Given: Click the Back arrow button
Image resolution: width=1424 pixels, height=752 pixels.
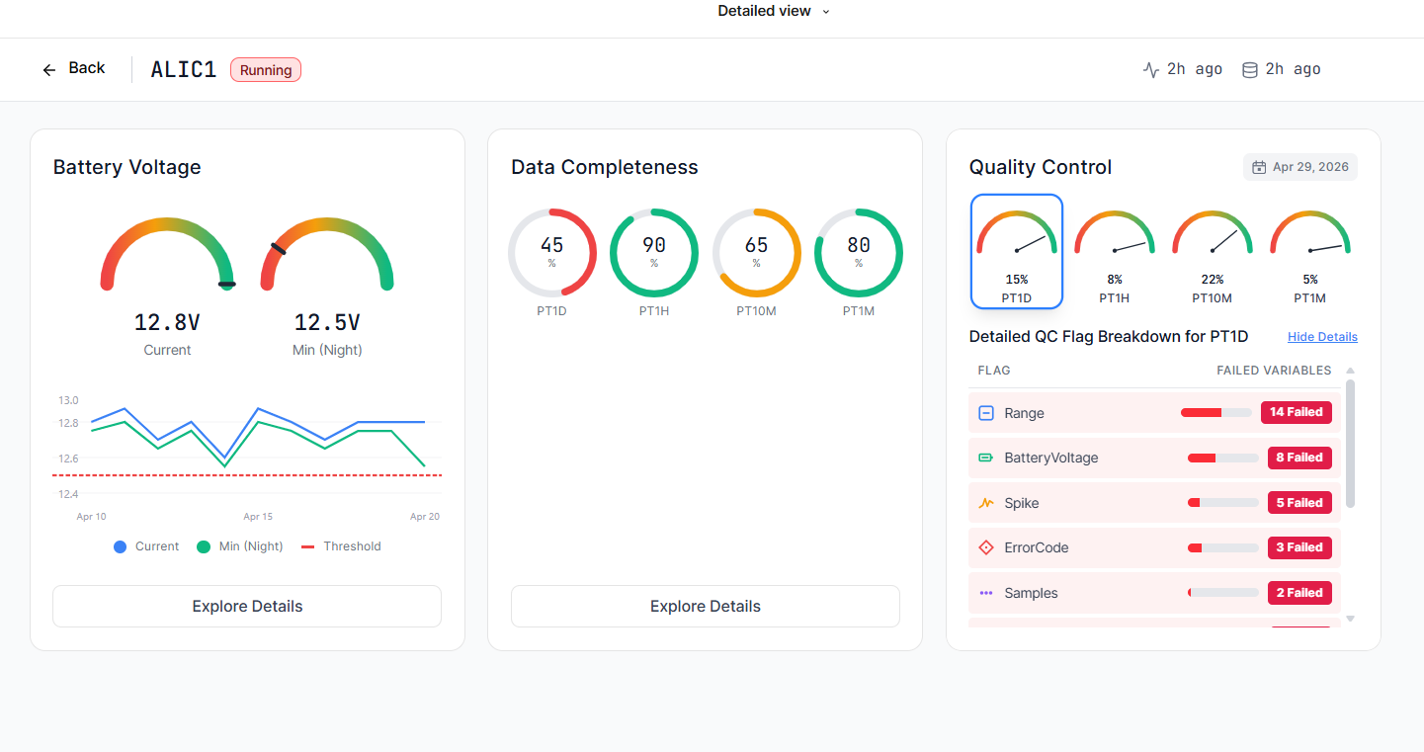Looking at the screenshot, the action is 74,68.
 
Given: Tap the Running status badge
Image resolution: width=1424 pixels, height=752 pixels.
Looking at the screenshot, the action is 266,70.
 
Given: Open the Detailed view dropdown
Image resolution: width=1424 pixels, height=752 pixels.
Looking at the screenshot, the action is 773,11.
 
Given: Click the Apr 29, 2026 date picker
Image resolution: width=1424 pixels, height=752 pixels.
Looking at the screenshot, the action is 1300,167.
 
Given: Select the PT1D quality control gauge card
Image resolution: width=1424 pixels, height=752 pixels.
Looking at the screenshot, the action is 1017,252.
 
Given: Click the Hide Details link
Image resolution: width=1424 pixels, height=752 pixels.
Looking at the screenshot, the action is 1322,337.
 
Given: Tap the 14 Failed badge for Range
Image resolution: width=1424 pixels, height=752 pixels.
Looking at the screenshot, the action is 1297,412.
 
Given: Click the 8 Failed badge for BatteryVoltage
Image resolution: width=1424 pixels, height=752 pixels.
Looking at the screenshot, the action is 1299,458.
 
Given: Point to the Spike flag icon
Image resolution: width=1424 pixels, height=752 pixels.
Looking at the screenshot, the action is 986,503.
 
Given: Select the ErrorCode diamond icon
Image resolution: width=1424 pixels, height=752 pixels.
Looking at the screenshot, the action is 986,547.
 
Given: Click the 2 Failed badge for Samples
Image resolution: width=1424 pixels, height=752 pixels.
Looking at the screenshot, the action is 1299,593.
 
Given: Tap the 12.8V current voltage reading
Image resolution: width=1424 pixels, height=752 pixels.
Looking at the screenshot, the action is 167,323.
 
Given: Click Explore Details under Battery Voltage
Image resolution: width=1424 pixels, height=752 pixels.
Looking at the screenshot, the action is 247,607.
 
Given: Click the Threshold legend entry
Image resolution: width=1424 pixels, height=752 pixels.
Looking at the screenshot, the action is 341,546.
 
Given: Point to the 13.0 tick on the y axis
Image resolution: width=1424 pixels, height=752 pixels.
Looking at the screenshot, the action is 68,400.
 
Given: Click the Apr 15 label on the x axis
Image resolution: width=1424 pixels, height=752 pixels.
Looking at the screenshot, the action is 258,517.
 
